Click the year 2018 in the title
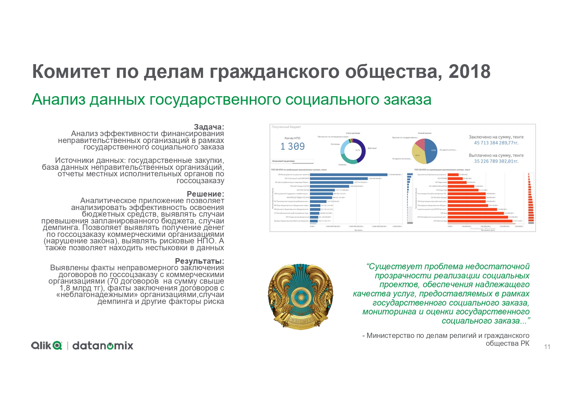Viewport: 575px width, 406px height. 469,72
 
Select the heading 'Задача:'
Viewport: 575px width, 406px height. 209,127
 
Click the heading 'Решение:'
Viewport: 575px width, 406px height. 205,194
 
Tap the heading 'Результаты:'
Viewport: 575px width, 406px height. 200,261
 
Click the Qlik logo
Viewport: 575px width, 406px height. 47,345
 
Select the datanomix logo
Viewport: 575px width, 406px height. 103,346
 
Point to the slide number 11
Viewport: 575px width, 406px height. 547,347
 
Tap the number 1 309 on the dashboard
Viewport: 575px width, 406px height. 292,147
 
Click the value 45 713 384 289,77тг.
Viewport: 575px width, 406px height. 496,143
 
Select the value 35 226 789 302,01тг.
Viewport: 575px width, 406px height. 496,161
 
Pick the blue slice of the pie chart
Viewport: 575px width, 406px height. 431,151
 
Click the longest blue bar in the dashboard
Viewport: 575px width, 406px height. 349,175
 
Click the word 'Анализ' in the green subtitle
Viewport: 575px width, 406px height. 59,99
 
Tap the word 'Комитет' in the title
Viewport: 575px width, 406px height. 71,72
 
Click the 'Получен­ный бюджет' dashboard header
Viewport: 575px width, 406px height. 286,127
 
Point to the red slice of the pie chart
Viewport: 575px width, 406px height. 420,144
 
